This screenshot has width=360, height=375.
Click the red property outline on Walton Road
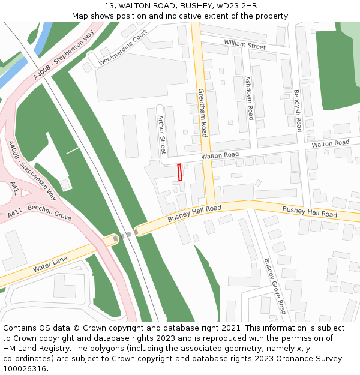[179, 172]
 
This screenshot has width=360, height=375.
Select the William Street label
[245, 44]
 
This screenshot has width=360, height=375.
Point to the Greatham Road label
[203, 113]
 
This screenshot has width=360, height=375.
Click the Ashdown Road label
[249, 98]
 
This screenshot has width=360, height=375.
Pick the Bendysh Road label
[297, 110]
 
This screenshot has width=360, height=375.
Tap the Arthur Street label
[161, 135]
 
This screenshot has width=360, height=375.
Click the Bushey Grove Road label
[275, 286]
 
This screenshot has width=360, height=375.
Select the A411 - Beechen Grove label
[40, 211]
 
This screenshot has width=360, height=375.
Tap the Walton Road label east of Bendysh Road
[330, 143]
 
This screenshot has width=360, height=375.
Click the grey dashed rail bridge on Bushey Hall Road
[125, 235]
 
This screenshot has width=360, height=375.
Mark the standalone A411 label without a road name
[16, 188]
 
